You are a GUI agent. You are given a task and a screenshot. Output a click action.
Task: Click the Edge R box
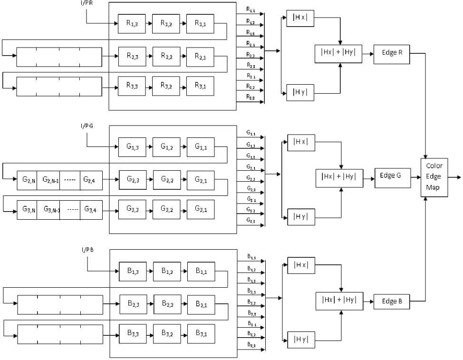click(392, 52)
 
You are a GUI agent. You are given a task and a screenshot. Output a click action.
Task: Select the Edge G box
click(393, 175)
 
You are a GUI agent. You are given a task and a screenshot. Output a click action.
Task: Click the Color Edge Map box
click(434, 176)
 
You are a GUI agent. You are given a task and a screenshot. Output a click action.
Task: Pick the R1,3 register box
click(132, 23)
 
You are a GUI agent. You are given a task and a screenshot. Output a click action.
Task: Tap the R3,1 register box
click(200, 86)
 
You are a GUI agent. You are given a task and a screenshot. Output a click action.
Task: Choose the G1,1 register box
click(201, 146)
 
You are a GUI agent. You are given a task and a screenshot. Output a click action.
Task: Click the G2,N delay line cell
click(27, 180)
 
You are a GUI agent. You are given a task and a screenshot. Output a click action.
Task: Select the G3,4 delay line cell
click(91, 209)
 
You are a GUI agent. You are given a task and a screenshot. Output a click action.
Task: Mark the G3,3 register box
click(133, 209)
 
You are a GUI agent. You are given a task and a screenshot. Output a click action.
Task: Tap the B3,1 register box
click(201, 333)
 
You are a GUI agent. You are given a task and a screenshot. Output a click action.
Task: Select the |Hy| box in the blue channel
click(301, 339)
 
